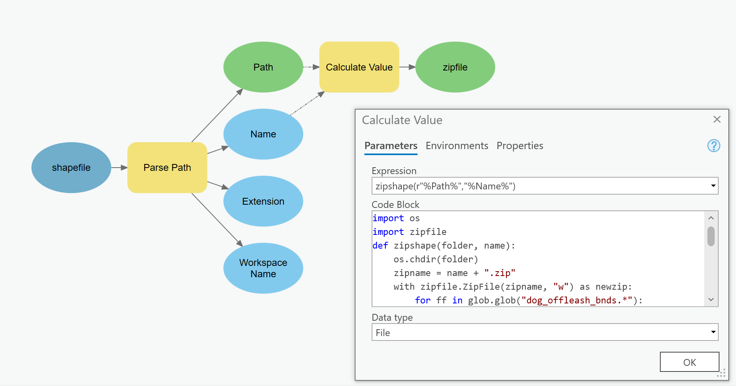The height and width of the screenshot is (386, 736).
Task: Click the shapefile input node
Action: [71, 168]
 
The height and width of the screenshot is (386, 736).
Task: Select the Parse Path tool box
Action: [167, 168]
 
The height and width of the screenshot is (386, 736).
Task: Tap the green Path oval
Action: [263, 67]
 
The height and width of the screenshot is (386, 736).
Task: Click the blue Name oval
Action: [263, 134]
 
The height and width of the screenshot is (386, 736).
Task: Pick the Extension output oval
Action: [263, 201]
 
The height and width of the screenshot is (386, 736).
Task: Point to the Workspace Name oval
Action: [263, 268]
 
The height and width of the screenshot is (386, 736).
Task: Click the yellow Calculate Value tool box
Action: [359, 67]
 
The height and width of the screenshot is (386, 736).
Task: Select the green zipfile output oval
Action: [455, 67]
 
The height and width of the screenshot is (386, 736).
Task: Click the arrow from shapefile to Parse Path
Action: [119, 168]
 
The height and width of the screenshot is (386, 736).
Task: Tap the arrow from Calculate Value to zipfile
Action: [407, 67]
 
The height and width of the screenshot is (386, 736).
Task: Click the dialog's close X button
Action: [717, 119]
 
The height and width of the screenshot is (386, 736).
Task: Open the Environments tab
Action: [457, 146]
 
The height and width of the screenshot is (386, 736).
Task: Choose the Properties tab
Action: [520, 146]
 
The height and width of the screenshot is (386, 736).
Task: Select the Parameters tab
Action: [391, 146]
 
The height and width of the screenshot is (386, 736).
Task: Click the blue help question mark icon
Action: [713, 146]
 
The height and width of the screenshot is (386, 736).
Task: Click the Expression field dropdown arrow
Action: [713, 186]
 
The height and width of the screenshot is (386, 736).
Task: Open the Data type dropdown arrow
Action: [713, 332]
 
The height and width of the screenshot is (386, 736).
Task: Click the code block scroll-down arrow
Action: [711, 299]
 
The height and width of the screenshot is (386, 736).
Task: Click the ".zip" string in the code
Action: [500, 273]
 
